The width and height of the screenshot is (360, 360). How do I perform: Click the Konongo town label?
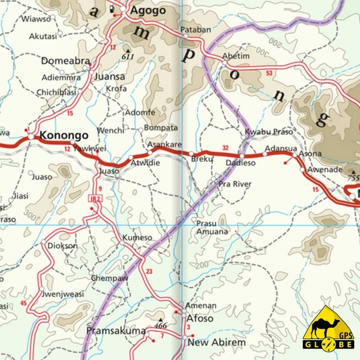pos(64,135)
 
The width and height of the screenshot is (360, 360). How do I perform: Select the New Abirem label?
pos(217,342)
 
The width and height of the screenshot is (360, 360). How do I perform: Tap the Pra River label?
pos(234,184)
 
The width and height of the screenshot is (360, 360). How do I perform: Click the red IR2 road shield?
pos(93,198)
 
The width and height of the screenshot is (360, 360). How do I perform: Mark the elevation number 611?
pos(128,56)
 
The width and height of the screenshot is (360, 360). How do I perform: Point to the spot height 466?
pos(161,325)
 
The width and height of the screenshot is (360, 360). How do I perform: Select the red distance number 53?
pos(269,73)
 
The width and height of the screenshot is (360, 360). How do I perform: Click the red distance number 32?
pos(225,148)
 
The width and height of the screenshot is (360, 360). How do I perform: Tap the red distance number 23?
pos(149,271)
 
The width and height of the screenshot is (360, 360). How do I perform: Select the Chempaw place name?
pos(109,278)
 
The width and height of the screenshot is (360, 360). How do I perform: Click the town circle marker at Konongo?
pos(31,136)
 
